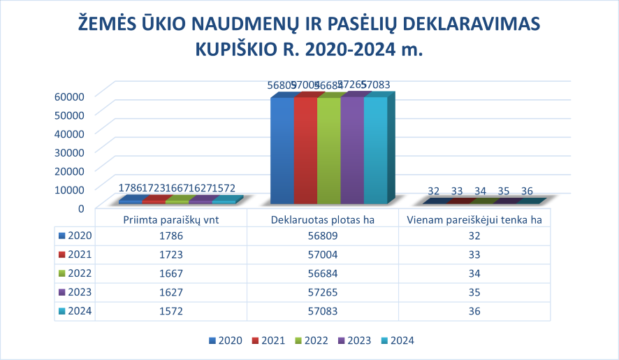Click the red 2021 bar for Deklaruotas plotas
click(x=305, y=150)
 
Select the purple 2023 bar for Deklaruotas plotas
click(x=352, y=150)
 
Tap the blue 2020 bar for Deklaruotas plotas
click(x=282, y=150)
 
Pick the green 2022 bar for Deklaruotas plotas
click(x=328, y=150)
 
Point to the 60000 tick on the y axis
click(x=69, y=96)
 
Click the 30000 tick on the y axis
click(x=69, y=151)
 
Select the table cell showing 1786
click(x=170, y=236)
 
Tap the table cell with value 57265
click(x=323, y=293)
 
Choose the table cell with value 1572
click(x=170, y=312)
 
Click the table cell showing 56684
click(x=323, y=274)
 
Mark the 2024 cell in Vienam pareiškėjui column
click(x=474, y=312)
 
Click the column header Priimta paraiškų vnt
click(x=170, y=219)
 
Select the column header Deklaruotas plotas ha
click(x=323, y=219)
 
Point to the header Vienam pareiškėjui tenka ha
click(x=474, y=219)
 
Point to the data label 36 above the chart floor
click(x=527, y=191)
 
